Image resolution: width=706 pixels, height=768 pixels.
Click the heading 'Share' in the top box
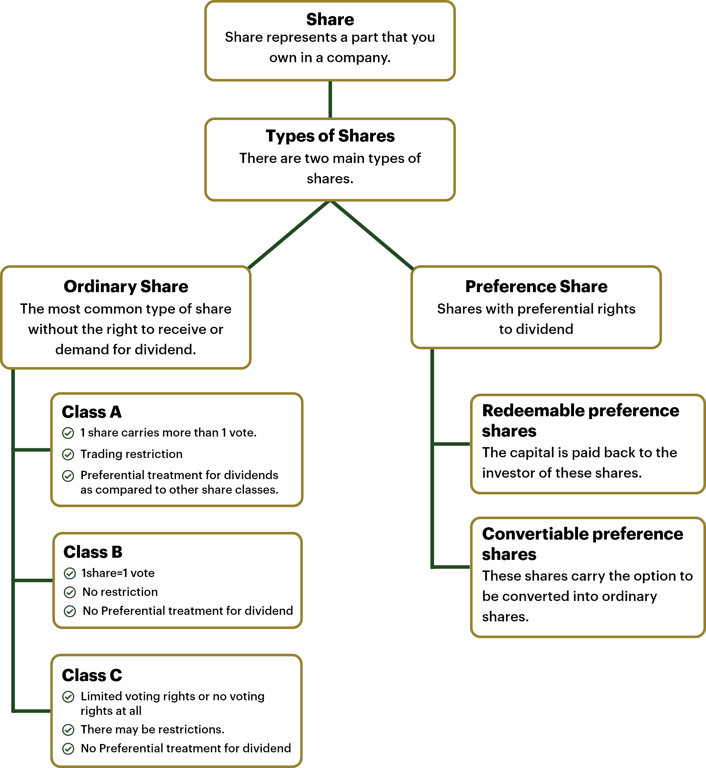pyautogui.click(x=330, y=19)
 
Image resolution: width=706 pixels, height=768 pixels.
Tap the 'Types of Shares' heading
pyautogui.click(x=330, y=136)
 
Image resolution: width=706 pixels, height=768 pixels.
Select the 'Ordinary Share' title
pyautogui.click(x=126, y=286)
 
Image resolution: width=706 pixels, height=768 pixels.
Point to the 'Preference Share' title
pyautogui.click(x=536, y=286)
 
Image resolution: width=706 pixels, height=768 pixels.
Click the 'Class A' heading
pyautogui.click(x=92, y=412)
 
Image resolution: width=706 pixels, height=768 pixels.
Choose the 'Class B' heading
pyautogui.click(x=93, y=552)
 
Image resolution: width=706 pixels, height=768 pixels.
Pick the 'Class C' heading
pyautogui.click(x=92, y=675)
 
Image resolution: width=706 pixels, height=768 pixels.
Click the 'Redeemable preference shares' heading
pyautogui.click(x=580, y=421)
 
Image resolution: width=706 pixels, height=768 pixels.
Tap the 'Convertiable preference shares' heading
pyautogui.click(x=582, y=544)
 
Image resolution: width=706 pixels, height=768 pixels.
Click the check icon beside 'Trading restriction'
pyautogui.click(x=68, y=454)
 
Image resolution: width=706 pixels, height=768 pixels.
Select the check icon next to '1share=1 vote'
pyautogui.click(x=69, y=573)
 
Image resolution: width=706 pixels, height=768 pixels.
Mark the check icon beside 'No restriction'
pyautogui.click(x=69, y=593)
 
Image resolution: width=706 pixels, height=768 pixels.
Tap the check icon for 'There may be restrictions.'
pyautogui.click(x=68, y=730)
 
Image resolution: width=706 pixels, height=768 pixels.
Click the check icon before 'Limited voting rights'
pyautogui.click(x=68, y=697)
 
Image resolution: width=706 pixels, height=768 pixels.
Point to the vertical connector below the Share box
pyautogui.click(x=330, y=99)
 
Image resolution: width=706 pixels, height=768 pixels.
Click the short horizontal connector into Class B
pyautogui.click(x=33, y=580)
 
